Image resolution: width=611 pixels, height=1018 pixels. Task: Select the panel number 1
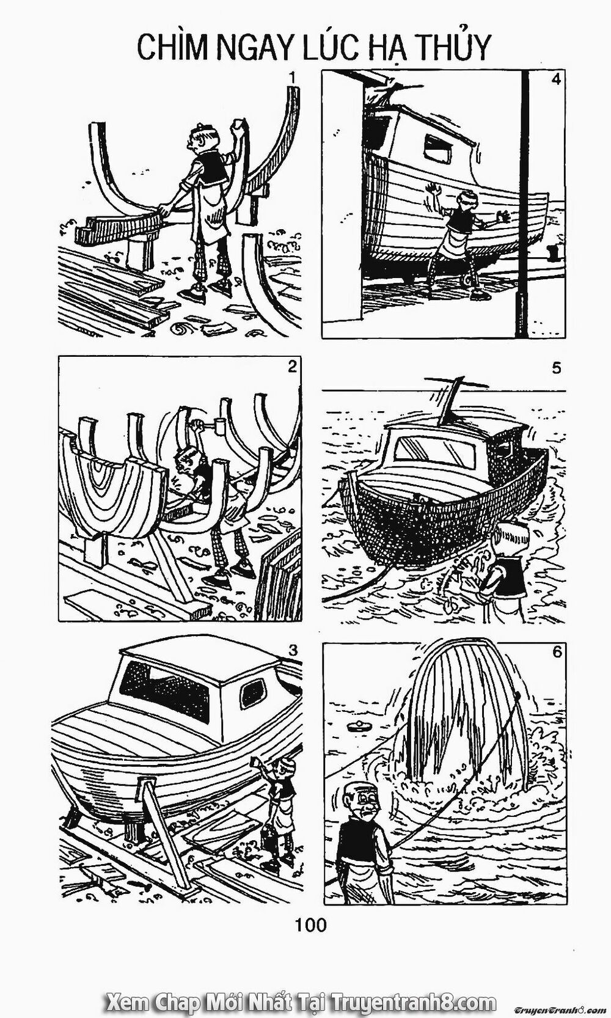(294, 78)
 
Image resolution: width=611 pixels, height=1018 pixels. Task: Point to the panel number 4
(555, 81)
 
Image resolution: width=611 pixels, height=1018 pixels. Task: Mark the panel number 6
(556, 652)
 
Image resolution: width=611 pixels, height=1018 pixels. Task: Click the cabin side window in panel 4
(437, 144)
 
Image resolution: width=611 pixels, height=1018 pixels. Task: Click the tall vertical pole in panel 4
(524, 202)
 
